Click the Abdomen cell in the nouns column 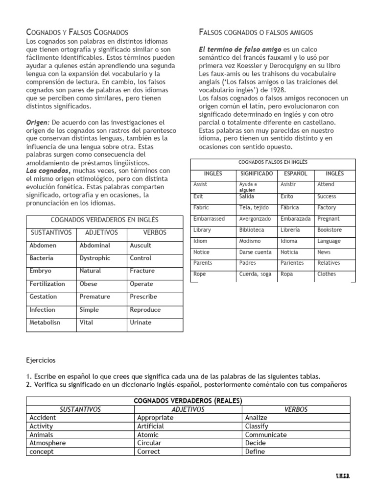pos(43,245)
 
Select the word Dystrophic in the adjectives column pos(95,258)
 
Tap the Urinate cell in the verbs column pos(141,322)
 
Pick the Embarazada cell pos(296,219)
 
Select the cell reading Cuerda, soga pos(255,274)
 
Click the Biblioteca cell pos(252,229)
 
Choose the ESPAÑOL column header pos(296,174)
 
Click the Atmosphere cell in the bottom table pos(47,443)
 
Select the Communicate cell pos(266,434)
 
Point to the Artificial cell pos(150,426)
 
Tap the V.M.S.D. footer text pos(343,477)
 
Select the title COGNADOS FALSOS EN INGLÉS pos(273,162)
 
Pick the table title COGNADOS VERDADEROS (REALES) pos(188,401)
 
